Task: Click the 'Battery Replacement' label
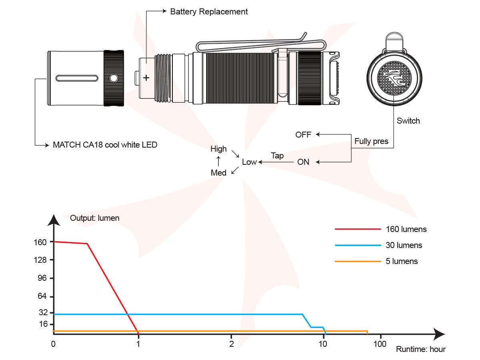point(209,12)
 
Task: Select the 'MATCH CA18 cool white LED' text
point(105,145)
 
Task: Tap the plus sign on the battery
point(146,78)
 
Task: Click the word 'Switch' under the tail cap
point(408,121)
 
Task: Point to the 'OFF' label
point(303,135)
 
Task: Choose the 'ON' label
point(303,162)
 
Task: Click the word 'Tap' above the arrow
point(277,156)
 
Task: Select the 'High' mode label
point(218,149)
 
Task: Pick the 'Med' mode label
point(218,173)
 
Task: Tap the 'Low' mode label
point(249,162)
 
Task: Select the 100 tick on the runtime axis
point(380,344)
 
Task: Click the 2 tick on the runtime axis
point(231,344)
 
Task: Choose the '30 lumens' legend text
point(404,245)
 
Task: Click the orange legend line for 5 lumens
point(358,261)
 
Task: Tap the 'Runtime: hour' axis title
point(420,349)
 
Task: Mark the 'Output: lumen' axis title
point(94,218)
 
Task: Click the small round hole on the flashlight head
point(114,78)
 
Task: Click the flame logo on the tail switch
point(395,78)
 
